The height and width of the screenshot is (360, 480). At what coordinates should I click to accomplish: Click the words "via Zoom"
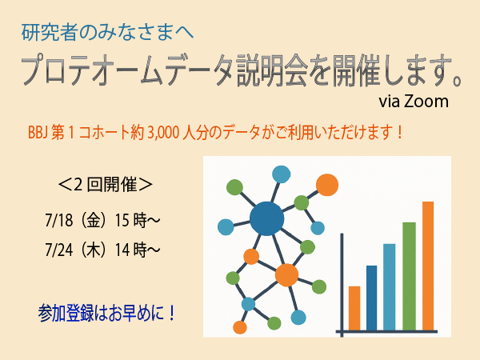[414, 102]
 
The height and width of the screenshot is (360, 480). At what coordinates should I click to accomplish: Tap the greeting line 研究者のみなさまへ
[107, 33]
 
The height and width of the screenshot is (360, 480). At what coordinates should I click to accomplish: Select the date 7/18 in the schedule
[59, 220]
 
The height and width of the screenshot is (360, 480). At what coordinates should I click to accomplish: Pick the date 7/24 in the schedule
[59, 250]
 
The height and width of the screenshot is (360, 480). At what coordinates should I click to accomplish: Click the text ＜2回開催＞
[105, 185]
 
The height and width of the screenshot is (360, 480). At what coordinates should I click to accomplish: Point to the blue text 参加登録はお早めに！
[107, 313]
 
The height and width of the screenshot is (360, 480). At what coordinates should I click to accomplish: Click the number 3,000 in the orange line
[163, 133]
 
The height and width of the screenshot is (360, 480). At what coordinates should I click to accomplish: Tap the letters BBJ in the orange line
[38, 133]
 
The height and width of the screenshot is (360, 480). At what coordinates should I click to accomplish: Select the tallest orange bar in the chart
[428, 266]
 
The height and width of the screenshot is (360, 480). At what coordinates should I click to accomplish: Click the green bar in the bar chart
[409, 277]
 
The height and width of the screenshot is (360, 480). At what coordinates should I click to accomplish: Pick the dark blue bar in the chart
[372, 298]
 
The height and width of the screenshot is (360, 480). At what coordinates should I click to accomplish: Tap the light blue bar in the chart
[390, 287]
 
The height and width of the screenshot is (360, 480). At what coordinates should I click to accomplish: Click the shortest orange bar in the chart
[354, 309]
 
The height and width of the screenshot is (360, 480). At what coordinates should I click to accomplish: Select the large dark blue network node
[266, 218]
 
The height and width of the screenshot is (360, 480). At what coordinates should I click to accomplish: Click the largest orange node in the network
[286, 275]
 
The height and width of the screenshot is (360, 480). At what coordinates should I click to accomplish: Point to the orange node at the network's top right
[327, 185]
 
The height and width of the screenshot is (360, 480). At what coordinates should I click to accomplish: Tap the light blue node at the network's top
[281, 174]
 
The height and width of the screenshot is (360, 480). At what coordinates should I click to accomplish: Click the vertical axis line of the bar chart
[342, 286]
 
